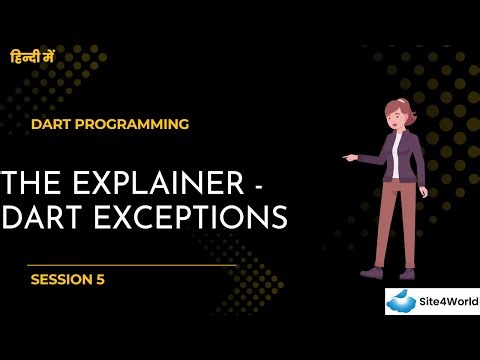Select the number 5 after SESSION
tap(100, 280)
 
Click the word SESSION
tap(61, 280)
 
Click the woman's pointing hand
tap(348, 156)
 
